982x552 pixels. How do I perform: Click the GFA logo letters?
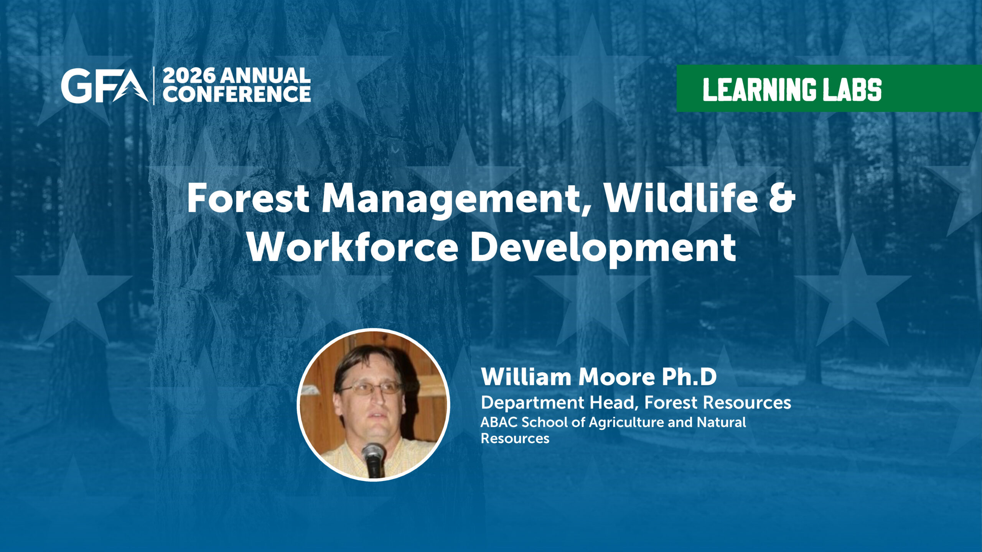pos(104,86)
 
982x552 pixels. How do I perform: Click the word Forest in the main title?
pos(248,198)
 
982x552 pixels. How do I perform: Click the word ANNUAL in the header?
pos(265,76)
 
